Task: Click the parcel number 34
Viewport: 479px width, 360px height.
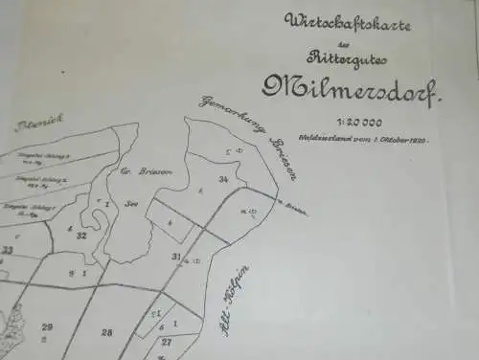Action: (x=222, y=178)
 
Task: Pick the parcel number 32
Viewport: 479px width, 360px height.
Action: (x=82, y=236)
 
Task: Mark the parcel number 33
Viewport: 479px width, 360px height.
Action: (x=8, y=250)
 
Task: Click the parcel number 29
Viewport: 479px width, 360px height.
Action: (x=46, y=327)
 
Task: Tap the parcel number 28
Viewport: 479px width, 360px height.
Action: (x=106, y=332)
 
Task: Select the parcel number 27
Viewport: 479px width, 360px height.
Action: (x=167, y=342)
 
